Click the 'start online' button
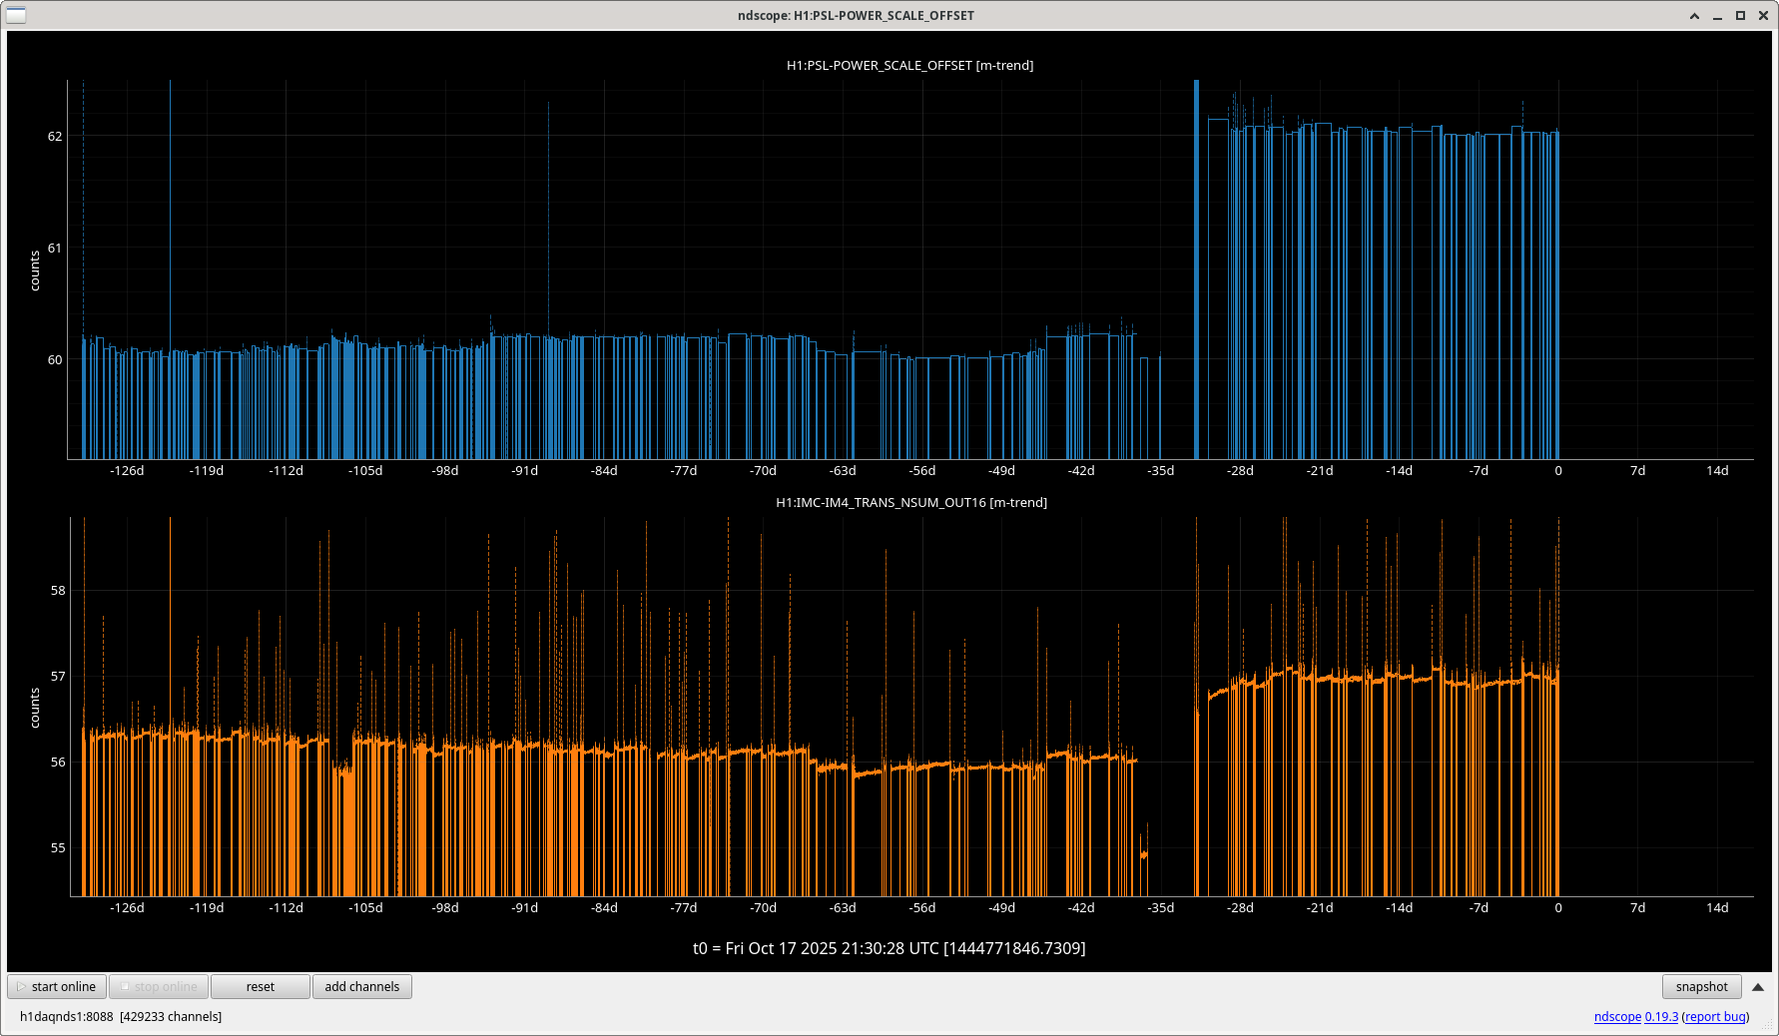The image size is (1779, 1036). tap(58, 986)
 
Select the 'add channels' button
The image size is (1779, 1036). tap(361, 986)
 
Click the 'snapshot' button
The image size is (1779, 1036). tap(1701, 986)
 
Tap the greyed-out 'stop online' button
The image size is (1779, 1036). tap(159, 986)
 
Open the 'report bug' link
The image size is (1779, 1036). tap(1715, 1016)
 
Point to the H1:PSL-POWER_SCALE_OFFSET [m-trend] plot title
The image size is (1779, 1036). tap(909, 65)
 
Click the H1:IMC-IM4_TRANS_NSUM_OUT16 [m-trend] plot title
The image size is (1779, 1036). tap(910, 502)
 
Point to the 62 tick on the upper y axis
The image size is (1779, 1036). tap(55, 136)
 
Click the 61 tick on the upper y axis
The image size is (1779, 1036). tap(55, 248)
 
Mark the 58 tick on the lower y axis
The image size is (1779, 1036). tap(58, 590)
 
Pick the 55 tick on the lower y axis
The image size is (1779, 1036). tap(58, 847)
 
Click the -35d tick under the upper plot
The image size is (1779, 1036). tap(1160, 470)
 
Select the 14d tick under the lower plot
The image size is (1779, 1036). tap(1717, 907)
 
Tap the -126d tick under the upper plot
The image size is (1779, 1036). tap(127, 470)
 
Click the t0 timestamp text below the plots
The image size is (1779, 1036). tap(889, 947)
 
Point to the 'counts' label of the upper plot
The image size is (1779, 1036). tap(35, 270)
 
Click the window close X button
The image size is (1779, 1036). tap(1762, 15)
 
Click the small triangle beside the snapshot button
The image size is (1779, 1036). tap(1758, 986)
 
